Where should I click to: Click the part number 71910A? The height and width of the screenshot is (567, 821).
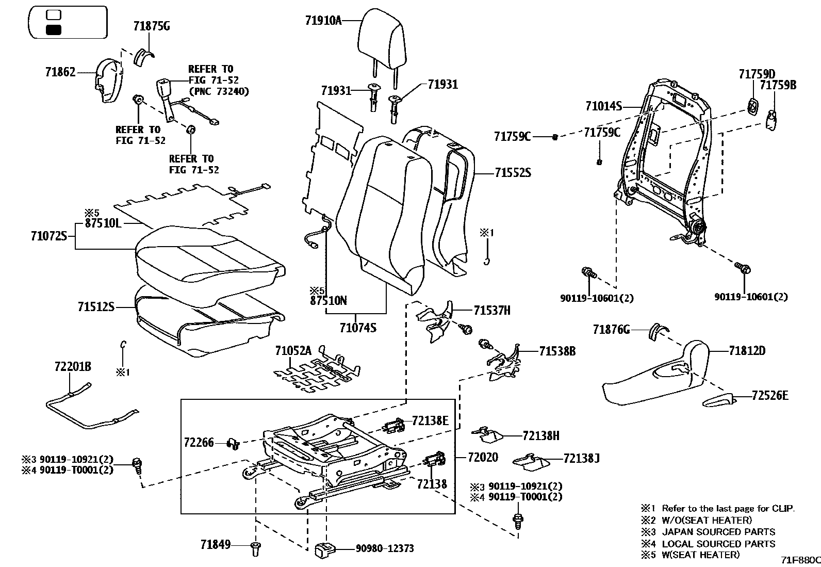tap(323, 21)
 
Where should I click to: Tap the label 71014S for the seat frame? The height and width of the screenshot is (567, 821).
tap(603, 106)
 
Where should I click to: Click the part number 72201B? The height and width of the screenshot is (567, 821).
tap(73, 367)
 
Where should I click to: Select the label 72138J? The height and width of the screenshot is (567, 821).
tap(581, 458)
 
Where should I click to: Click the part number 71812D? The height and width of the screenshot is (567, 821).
tap(747, 351)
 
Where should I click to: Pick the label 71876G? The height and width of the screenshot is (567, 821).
tap(611, 329)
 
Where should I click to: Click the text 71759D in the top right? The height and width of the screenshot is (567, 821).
tap(757, 74)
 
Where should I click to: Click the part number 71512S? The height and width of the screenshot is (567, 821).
tap(95, 307)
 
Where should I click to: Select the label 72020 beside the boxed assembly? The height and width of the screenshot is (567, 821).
tap(483, 457)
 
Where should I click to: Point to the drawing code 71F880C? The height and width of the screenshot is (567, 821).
tap(799, 560)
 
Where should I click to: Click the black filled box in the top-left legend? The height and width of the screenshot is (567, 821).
tap(53, 30)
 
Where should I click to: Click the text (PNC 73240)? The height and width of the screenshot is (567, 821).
tap(219, 92)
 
